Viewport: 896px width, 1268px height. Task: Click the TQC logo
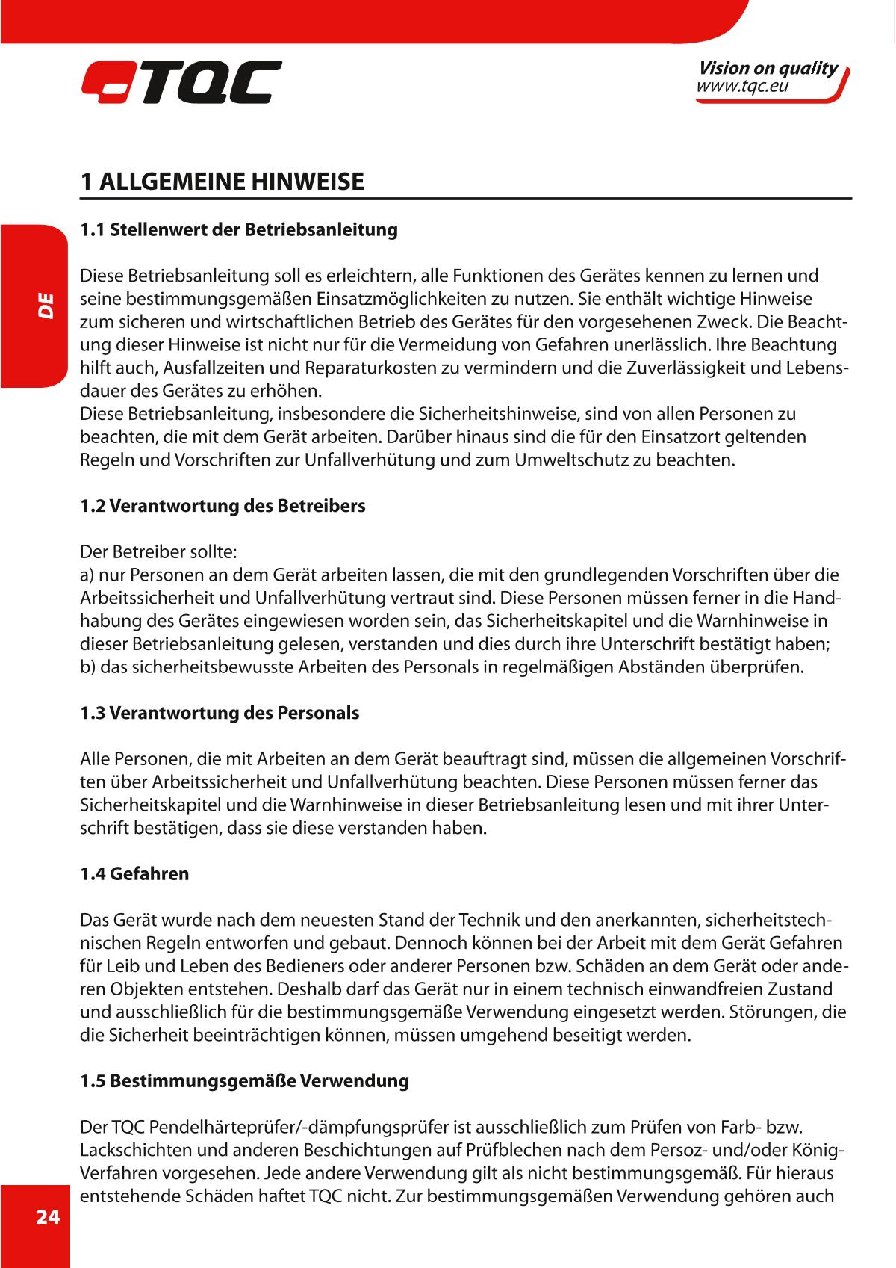[181, 81]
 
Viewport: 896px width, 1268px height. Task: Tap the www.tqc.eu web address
[742, 87]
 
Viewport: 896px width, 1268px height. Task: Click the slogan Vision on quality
[768, 69]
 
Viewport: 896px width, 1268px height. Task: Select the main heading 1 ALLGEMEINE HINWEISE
[222, 182]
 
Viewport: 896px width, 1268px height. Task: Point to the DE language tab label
[46, 306]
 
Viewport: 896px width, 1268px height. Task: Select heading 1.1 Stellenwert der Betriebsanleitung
[238, 229]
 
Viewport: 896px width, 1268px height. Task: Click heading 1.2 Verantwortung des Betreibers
[223, 506]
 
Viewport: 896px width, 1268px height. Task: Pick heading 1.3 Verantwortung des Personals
[220, 713]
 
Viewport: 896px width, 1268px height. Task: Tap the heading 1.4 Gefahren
[134, 873]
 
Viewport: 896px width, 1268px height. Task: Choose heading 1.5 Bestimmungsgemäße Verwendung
[244, 1081]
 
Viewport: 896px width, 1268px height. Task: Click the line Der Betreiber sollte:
[158, 553]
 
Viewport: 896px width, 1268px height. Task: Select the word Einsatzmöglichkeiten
[402, 299]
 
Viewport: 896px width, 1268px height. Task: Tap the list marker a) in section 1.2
[87, 576]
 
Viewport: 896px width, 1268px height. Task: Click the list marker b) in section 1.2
[87, 667]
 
